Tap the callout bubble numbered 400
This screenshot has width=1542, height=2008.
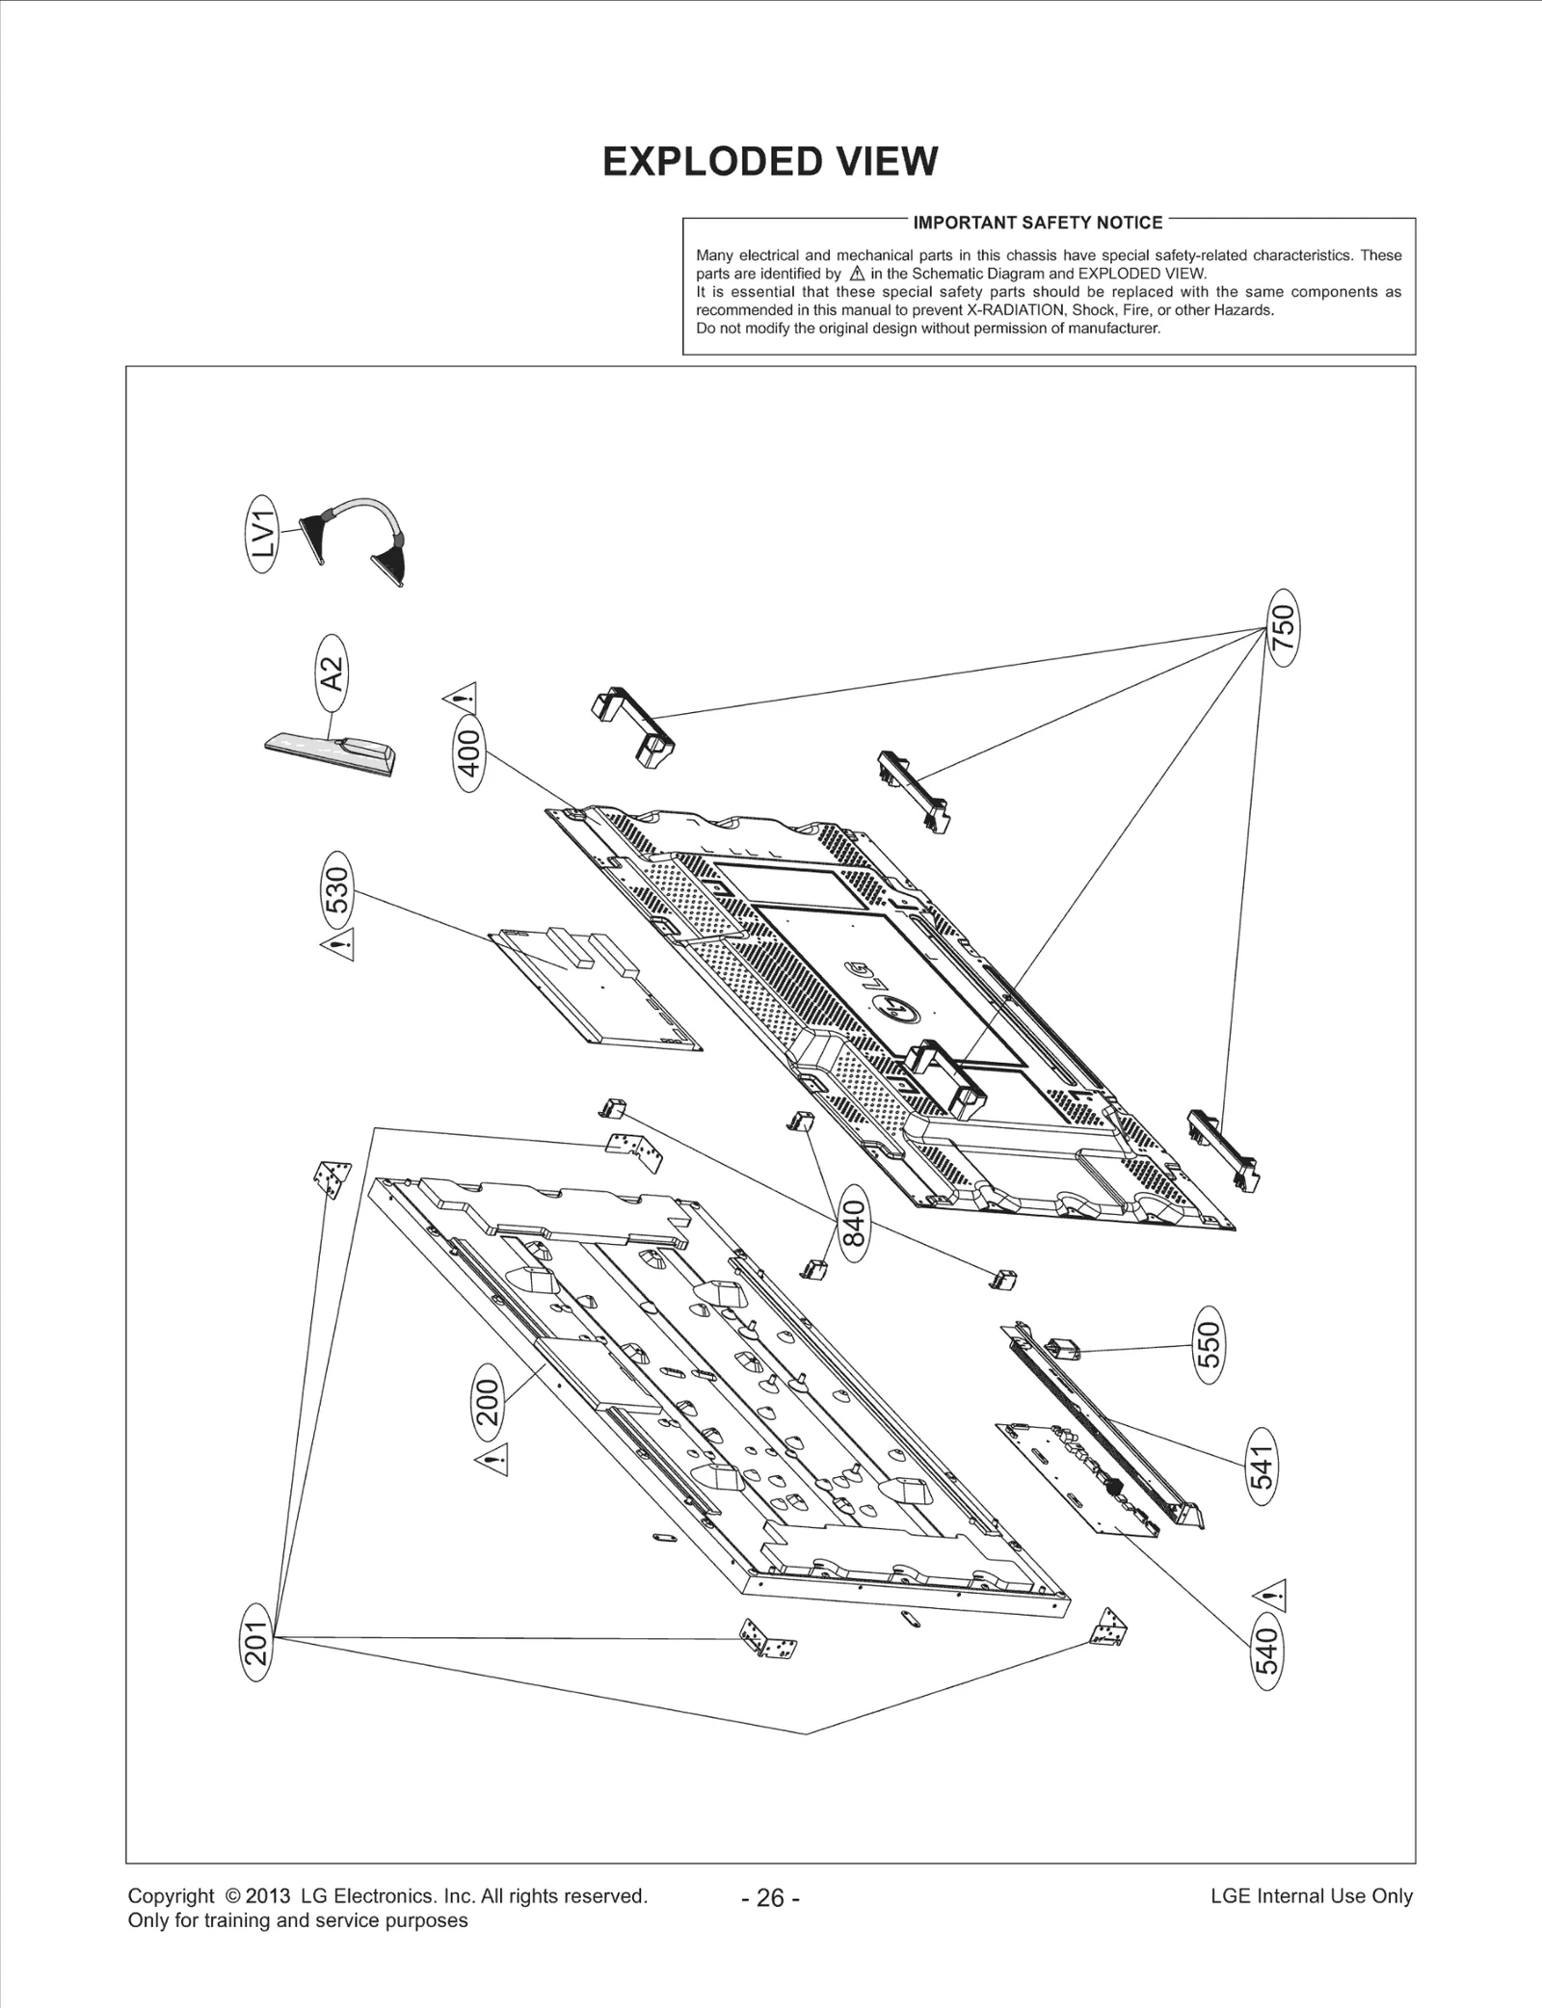469,753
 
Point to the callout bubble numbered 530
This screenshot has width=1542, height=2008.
336,888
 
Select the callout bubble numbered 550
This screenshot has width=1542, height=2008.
1209,1344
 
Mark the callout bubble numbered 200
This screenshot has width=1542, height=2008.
489,1402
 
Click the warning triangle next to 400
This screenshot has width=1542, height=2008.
461,694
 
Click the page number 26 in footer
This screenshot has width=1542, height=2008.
770,1897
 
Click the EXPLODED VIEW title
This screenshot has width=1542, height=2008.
769,162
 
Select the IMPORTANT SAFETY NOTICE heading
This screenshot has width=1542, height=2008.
1037,223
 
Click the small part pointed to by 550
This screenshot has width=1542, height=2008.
1062,1349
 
